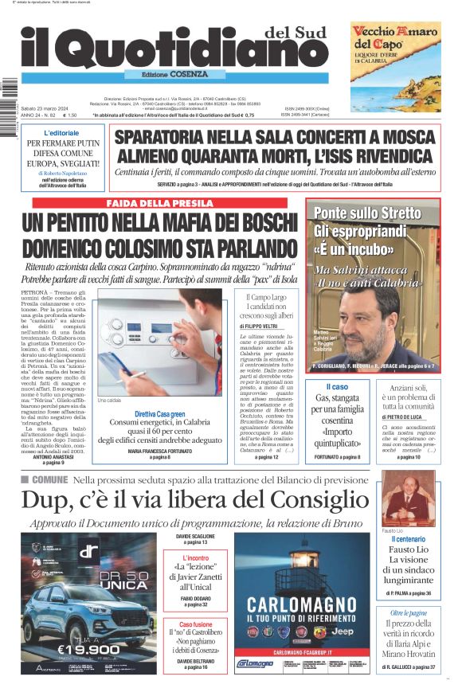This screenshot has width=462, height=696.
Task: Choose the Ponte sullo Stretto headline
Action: (x=367, y=213)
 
